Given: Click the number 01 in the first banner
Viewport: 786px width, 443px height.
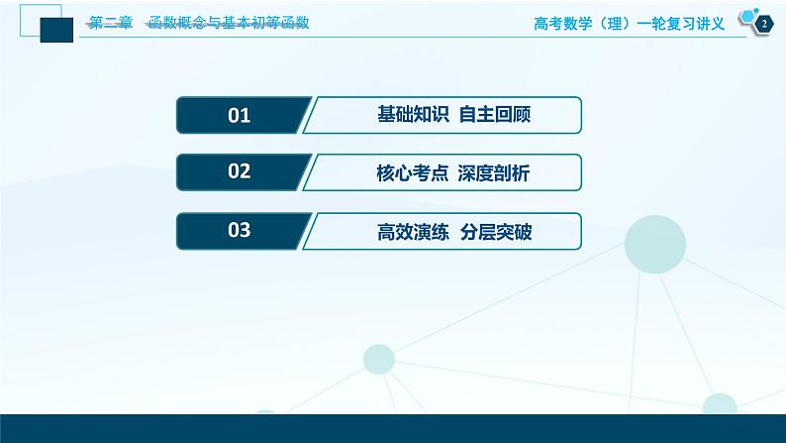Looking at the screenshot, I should (x=240, y=116).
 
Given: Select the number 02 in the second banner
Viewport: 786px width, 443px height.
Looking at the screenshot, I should (x=240, y=172).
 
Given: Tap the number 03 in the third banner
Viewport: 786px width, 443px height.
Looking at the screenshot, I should (x=240, y=231).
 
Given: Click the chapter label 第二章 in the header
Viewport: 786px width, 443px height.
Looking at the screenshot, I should (x=111, y=23).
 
